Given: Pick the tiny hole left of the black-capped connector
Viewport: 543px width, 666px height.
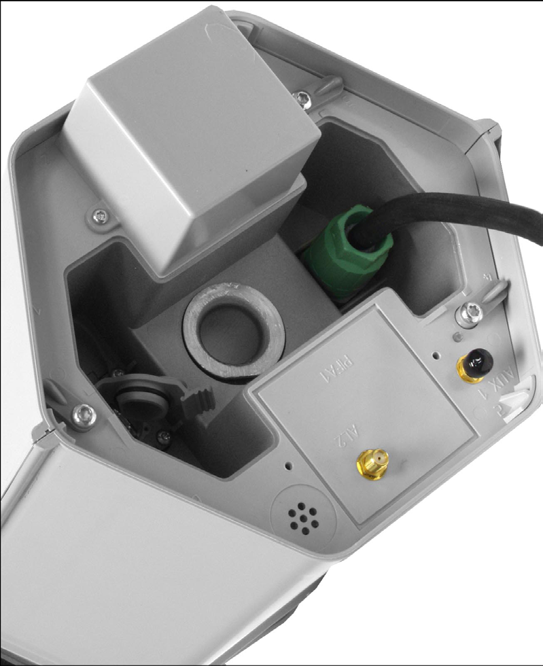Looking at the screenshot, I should click(435, 354).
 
